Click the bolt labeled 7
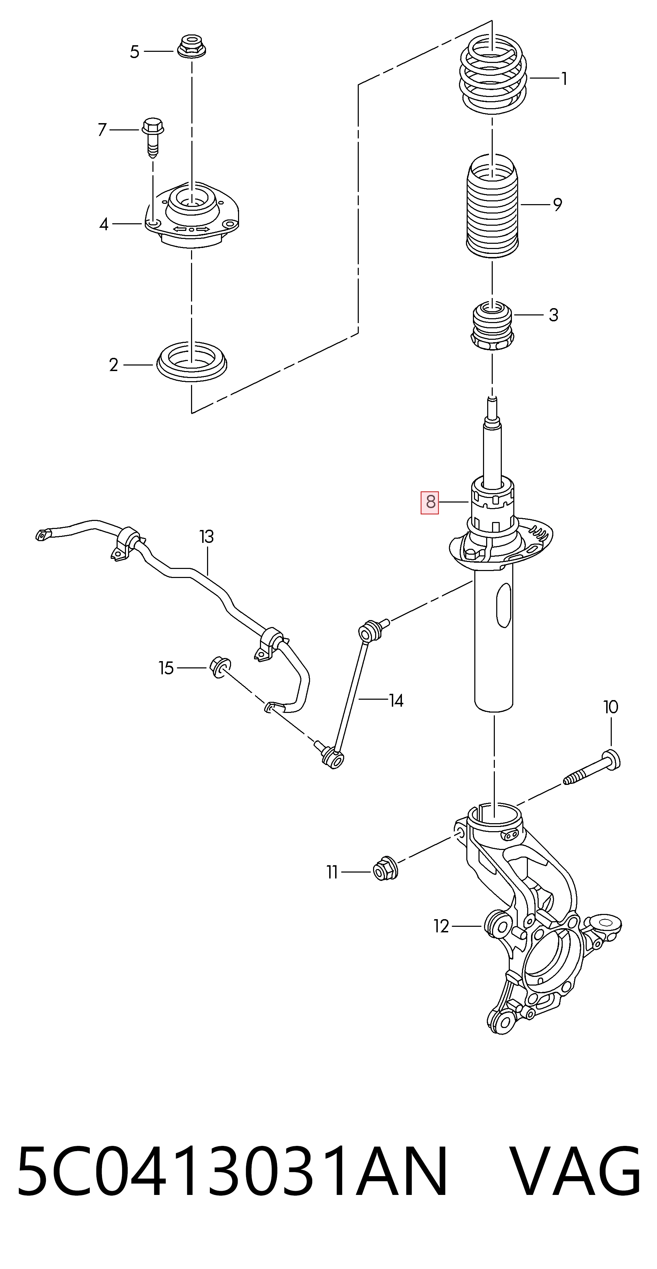[153, 137]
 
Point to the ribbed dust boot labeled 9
[492, 206]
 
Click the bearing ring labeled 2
[192, 362]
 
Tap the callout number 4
[103, 225]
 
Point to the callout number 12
[441, 927]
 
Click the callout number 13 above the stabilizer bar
[206, 537]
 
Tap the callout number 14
[396, 700]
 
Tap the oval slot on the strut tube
[504, 605]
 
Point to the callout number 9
[557, 204]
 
